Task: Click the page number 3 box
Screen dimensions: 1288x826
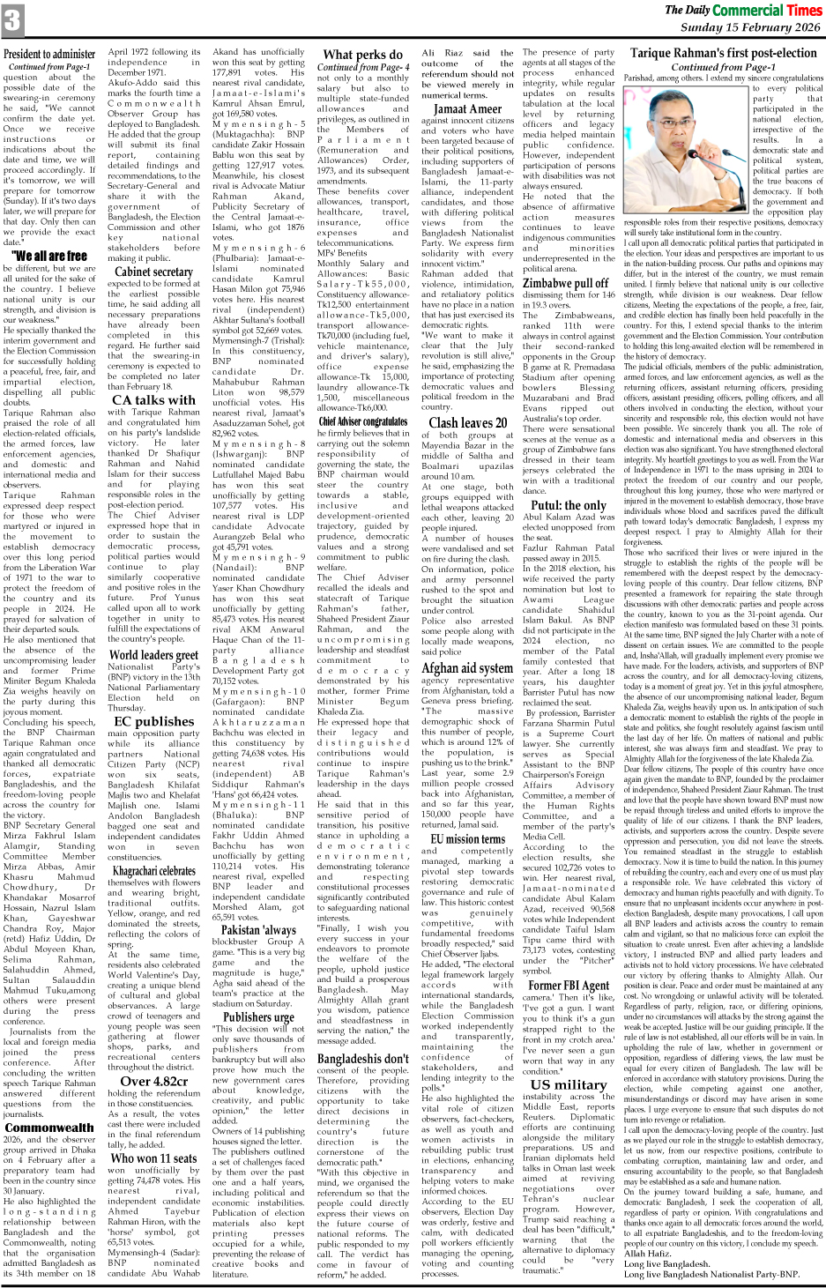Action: pos(12,20)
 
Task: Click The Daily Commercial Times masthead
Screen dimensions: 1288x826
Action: pos(742,10)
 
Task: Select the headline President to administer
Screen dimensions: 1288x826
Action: pos(49,54)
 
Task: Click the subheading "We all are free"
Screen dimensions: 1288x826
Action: pos(49,256)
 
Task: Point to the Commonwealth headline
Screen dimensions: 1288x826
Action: pos(49,1127)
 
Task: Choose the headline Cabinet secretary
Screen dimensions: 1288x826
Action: pos(153,272)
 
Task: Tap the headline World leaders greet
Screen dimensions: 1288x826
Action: pos(153,654)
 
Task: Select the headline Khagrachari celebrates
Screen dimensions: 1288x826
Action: pos(153,871)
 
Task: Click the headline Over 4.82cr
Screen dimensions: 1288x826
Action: pos(153,1081)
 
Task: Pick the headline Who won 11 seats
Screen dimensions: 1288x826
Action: pos(153,1158)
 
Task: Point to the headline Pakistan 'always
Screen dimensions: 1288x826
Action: pos(258,929)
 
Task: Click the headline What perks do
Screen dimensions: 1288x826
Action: pos(363,55)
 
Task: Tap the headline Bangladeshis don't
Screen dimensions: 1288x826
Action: pos(363,1059)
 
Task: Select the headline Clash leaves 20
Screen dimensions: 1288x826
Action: pos(467,422)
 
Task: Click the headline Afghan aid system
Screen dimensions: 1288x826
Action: pos(467,667)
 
